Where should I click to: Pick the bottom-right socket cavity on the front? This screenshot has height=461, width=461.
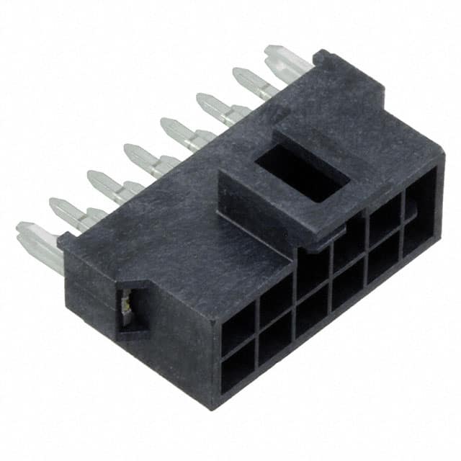[420, 233]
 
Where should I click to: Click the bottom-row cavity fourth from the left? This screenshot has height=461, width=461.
[348, 287]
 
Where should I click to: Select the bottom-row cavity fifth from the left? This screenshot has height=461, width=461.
[384, 262]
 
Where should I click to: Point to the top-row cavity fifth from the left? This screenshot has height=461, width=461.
[385, 217]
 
